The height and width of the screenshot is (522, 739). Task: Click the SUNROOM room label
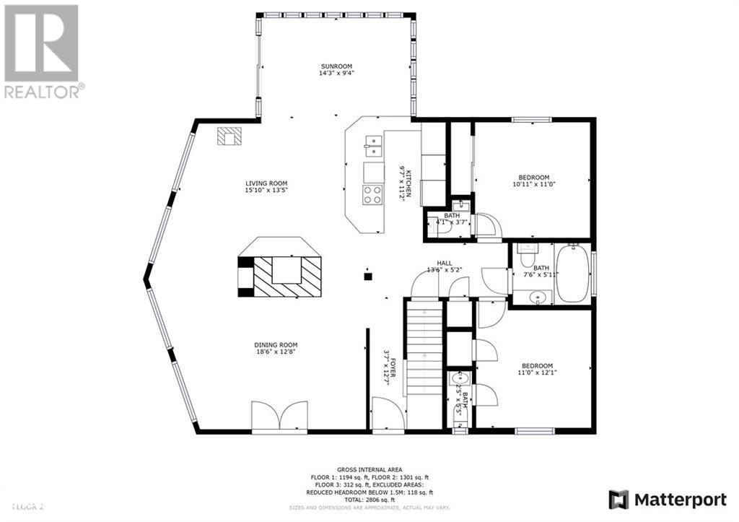tap(337, 66)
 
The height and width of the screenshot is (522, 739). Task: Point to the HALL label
tap(444, 263)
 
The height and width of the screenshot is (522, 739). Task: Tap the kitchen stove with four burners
tap(372, 193)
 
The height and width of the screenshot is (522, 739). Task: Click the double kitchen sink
tap(374, 147)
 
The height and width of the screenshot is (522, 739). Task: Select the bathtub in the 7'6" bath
tap(572, 274)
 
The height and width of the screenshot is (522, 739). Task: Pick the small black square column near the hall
tap(367, 275)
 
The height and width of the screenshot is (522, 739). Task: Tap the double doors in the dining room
tap(279, 417)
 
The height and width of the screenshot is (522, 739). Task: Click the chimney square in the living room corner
tap(229, 136)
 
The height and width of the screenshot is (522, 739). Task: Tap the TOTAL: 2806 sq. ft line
tap(369, 499)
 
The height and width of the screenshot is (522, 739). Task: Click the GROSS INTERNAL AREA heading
tap(369, 469)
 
